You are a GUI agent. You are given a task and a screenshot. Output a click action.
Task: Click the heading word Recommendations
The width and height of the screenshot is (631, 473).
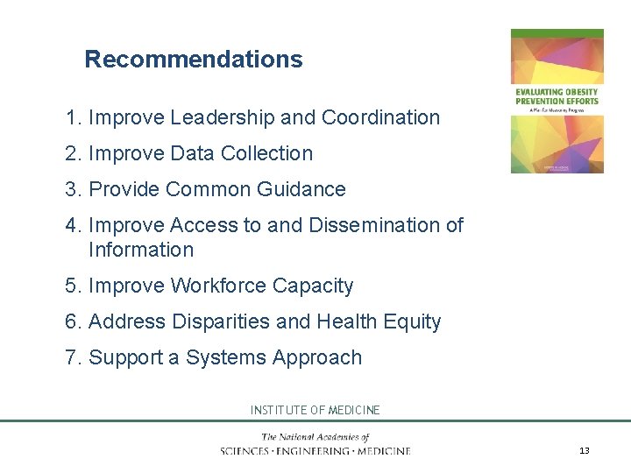[193, 60]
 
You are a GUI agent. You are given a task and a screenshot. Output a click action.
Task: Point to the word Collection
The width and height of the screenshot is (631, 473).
[266, 153]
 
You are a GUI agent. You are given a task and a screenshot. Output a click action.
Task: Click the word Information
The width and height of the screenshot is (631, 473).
[141, 250]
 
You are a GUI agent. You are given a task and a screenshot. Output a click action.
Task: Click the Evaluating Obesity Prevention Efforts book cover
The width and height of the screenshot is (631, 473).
[557, 101]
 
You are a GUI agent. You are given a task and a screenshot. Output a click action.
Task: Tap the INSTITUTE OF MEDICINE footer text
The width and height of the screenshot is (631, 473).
[315, 410]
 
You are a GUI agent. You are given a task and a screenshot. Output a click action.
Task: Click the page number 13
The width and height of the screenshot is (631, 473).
[585, 450]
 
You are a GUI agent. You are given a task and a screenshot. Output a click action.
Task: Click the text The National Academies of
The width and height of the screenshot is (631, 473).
[315, 437]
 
